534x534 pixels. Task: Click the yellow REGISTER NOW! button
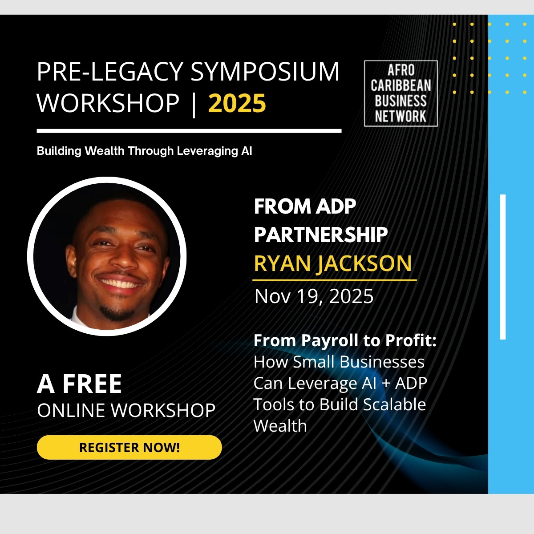click(129, 447)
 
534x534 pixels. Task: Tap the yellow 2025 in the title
click(237, 104)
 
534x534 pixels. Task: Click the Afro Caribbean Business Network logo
click(400, 93)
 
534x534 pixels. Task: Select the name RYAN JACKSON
click(333, 263)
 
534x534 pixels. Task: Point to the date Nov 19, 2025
click(314, 296)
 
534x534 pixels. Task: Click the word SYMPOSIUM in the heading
click(265, 72)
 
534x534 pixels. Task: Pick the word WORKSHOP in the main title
click(108, 104)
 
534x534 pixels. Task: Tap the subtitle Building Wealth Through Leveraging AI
click(144, 151)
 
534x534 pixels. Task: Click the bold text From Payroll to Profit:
click(345, 340)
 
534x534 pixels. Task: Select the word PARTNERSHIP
click(320, 235)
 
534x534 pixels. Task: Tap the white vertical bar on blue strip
click(503, 267)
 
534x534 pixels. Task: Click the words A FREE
click(79, 384)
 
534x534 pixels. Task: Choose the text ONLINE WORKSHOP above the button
click(126, 410)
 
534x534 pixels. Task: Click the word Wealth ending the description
click(280, 426)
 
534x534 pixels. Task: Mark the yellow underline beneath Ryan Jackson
click(334, 280)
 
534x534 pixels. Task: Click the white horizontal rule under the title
click(189, 131)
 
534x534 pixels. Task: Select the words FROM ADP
click(305, 206)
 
